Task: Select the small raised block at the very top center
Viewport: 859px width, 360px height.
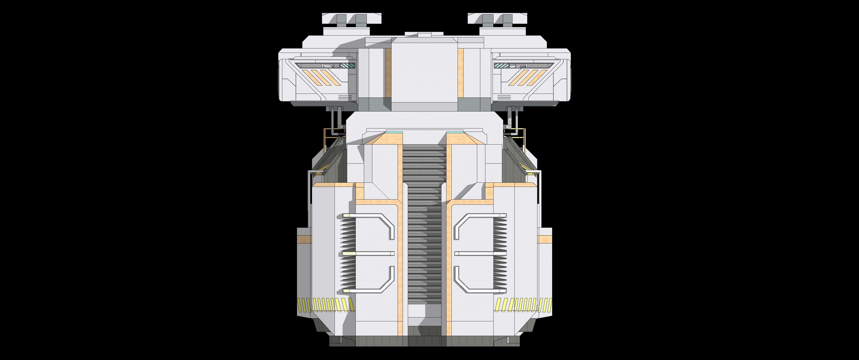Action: click(424, 35)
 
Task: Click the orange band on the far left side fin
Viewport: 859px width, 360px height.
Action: click(304, 239)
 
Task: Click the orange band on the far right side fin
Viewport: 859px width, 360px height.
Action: click(545, 239)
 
